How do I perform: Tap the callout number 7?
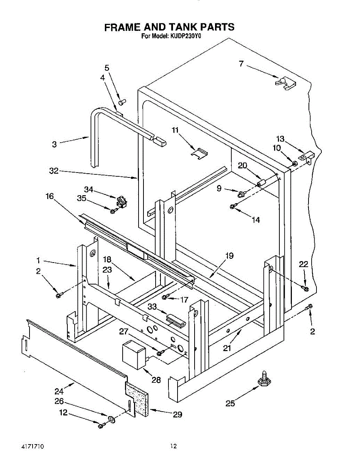242,64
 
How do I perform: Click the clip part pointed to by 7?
285,84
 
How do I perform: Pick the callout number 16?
50,196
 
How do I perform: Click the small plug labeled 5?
122,102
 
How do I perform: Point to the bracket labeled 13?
307,157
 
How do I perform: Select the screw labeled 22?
305,288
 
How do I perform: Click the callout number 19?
229,255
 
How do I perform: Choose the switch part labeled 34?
122,201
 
